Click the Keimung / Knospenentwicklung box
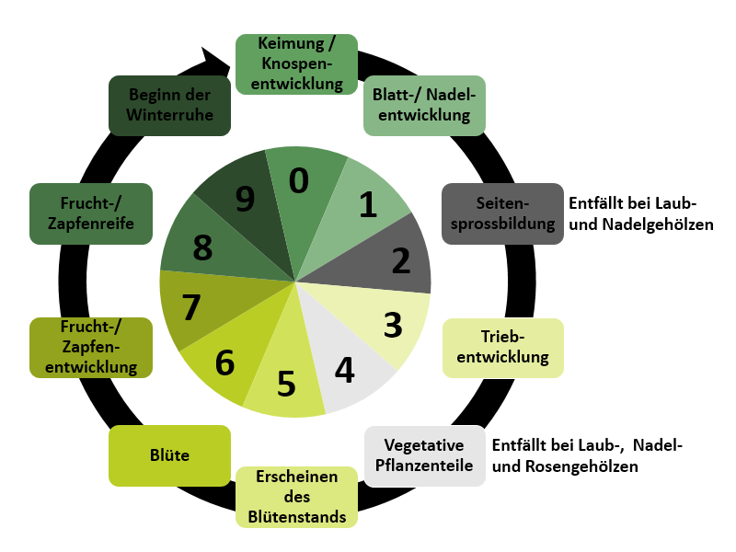pyautogui.click(x=296, y=63)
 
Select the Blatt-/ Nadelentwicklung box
pyautogui.click(x=424, y=105)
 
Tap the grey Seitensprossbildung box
pyautogui.click(x=501, y=213)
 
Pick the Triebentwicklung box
pyautogui.click(x=503, y=347)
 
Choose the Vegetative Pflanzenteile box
pyautogui.click(x=424, y=455)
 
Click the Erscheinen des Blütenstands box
pyautogui.click(x=296, y=497)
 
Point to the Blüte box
pyautogui.click(x=169, y=454)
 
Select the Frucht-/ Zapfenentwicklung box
pyautogui.click(x=91, y=347)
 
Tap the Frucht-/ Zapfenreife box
pyautogui.click(x=91, y=213)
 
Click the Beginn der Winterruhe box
pyautogui.click(x=169, y=105)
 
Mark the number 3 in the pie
pyautogui.click(x=393, y=324)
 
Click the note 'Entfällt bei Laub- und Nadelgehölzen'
pyautogui.click(x=640, y=213)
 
